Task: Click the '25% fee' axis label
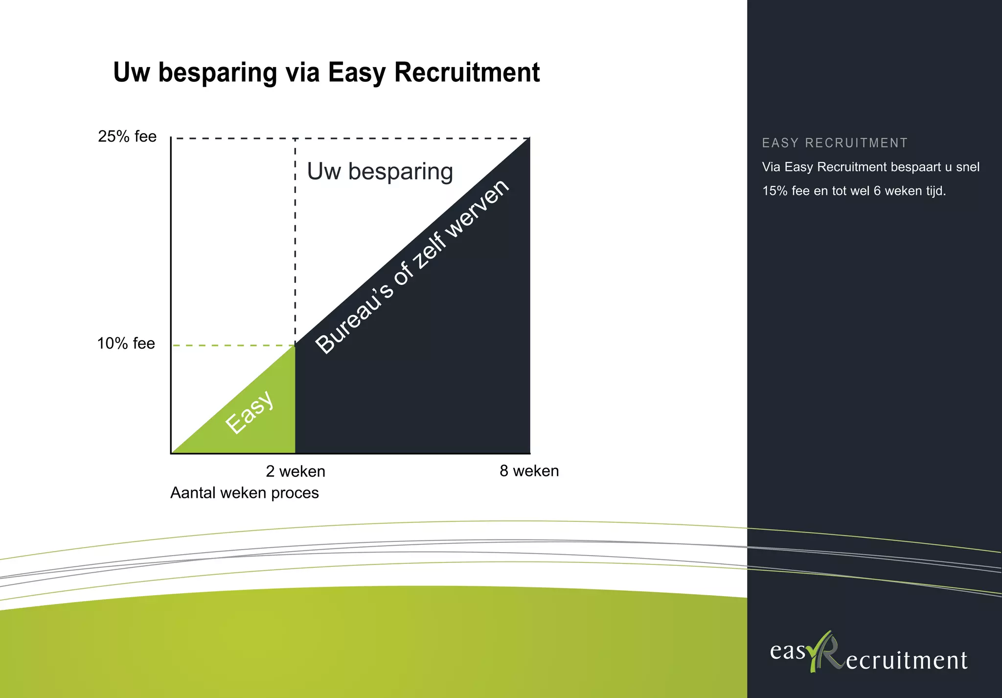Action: click(x=127, y=137)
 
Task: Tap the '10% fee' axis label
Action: click(x=126, y=344)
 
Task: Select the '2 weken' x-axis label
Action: click(x=296, y=471)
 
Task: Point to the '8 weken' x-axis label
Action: click(x=529, y=471)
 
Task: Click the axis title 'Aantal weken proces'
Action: click(x=244, y=493)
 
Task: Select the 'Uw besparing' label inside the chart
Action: click(x=380, y=172)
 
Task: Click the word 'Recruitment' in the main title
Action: click(x=467, y=72)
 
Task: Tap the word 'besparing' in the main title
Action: click(x=218, y=72)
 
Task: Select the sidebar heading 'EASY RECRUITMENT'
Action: click(x=835, y=143)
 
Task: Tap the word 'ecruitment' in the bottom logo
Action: click(x=907, y=660)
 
